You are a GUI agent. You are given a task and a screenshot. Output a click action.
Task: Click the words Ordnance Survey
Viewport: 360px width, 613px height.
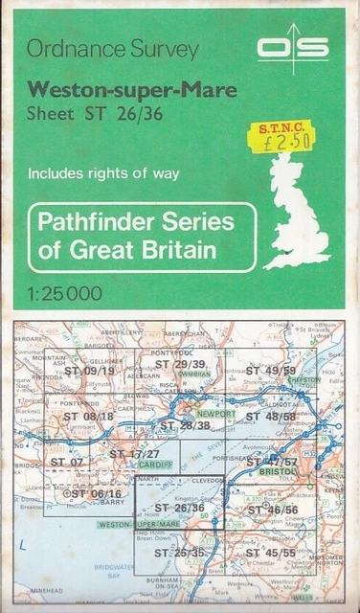coord(113,50)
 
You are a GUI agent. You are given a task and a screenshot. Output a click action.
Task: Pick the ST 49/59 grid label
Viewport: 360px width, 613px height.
coord(272,370)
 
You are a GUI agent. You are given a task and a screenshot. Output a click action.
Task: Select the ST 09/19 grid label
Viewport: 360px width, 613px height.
coord(89,371)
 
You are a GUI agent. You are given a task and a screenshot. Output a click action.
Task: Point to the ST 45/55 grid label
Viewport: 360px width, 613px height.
coord(271,553)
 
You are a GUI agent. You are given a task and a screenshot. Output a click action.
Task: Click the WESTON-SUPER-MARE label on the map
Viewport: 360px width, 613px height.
coord(139,525)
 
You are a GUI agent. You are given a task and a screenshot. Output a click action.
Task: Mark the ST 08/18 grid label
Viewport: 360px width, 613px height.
coord(89,416)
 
